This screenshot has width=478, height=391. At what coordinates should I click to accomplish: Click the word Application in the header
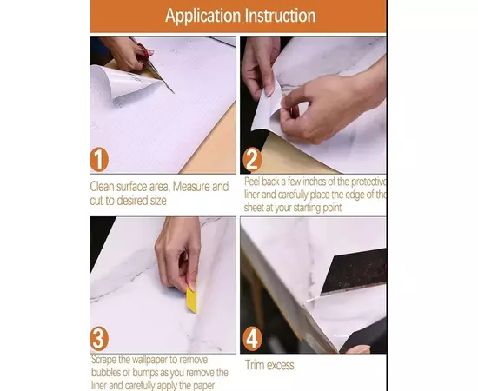point(203,16)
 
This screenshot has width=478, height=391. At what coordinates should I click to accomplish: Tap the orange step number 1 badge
point(99,159)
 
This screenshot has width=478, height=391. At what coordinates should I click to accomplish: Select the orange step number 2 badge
point(252,159)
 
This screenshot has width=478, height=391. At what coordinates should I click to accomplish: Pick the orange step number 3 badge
point(99,338)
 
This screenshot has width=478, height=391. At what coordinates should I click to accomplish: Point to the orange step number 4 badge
point(252,338)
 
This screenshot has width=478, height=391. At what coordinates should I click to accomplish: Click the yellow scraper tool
point(191,298)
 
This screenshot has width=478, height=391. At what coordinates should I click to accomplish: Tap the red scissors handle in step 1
point(143,52)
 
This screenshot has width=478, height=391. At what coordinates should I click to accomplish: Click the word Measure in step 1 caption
point(191,186)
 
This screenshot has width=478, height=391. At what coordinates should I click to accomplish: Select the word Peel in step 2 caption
point(252,182)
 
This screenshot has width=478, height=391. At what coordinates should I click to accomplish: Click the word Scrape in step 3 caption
point(103,360)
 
